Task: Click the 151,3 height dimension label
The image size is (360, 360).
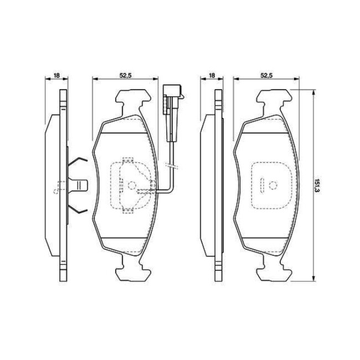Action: click(317, 186)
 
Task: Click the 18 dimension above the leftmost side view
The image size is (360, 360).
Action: click(56, 75)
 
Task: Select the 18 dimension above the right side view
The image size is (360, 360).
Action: click(212, 75)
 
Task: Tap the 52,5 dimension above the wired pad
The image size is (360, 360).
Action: click(125, 75)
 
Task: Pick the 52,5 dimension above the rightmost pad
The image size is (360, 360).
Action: click(266, 75)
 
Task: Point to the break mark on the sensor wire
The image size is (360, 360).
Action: click(171, 165)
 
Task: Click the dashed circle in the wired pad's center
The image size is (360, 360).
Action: click(132, 186)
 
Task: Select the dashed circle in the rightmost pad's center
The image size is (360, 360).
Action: click(273, 185)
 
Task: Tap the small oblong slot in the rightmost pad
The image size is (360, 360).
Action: click(262, 185)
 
